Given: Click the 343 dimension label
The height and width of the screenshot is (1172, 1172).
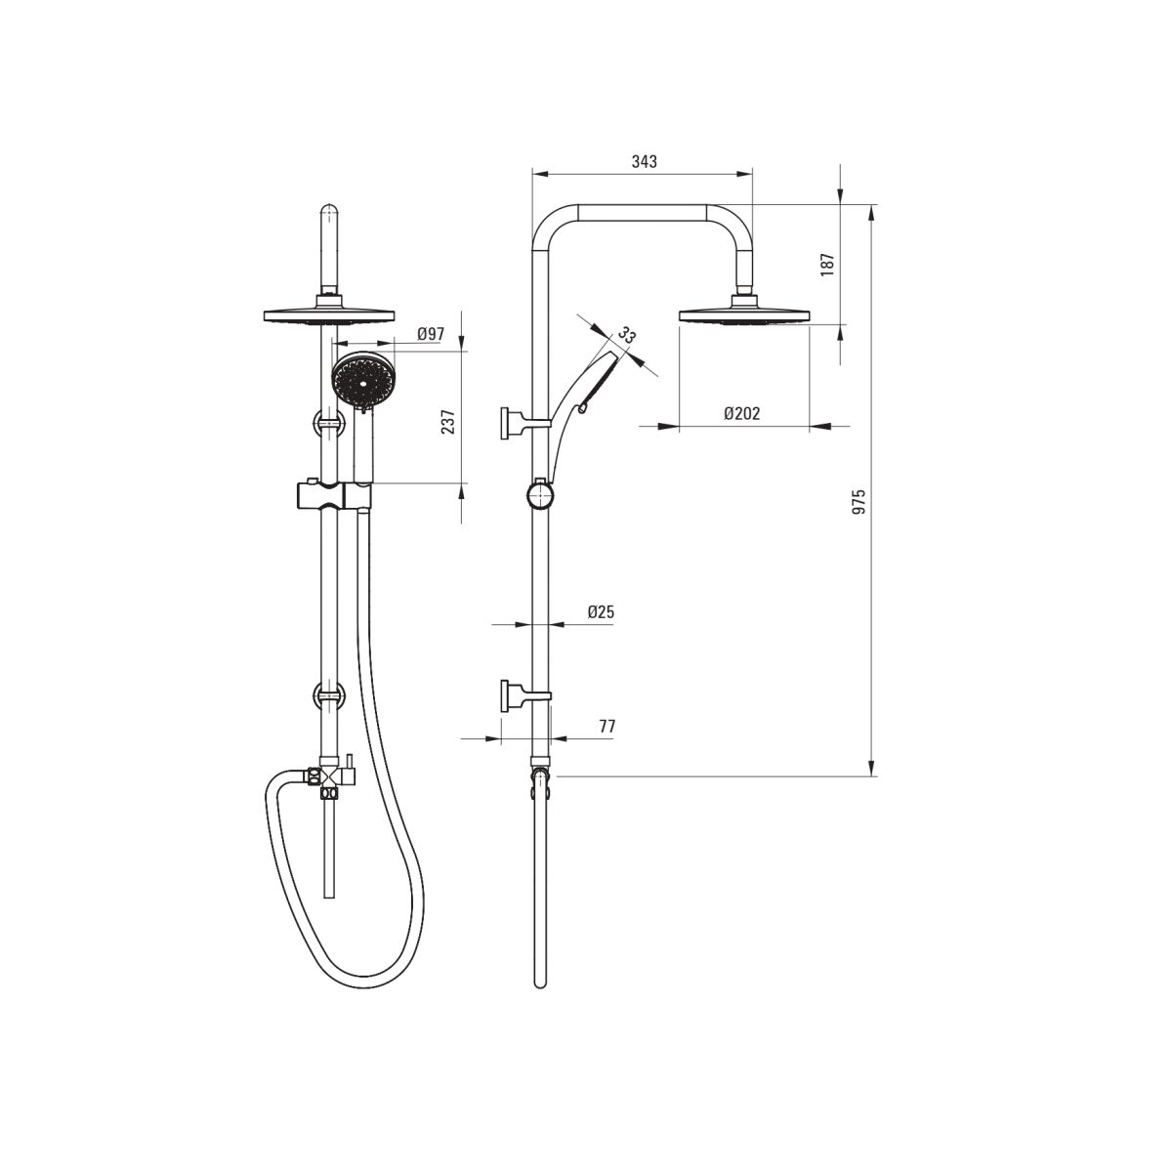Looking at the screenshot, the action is (644, 162).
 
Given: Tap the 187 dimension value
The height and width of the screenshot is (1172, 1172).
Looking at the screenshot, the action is (828, 265).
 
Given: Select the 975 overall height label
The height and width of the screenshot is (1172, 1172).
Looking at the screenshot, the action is (858, 501).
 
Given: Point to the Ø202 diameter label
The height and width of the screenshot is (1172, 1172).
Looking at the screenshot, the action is (742, 413).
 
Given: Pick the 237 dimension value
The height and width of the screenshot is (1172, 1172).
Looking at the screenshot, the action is (448, 422).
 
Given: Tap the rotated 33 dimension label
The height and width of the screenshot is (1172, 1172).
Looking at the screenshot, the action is (626, 335).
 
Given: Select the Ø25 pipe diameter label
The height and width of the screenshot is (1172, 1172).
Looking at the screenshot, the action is (601, 611).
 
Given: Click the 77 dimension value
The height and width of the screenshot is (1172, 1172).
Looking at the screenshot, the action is (607, 727).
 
